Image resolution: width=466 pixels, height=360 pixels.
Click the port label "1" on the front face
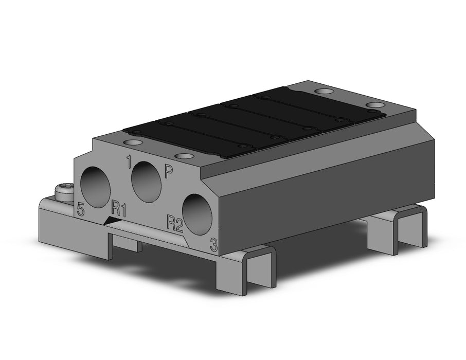point(129,161)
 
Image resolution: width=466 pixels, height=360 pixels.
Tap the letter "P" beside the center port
point(169,172)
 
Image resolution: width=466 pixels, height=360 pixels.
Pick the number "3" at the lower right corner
point(213,245)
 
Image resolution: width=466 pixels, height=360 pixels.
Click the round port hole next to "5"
point(96,187)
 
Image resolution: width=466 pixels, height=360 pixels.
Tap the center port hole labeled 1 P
point(146,182)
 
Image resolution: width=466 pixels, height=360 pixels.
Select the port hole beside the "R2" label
point(198,214)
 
